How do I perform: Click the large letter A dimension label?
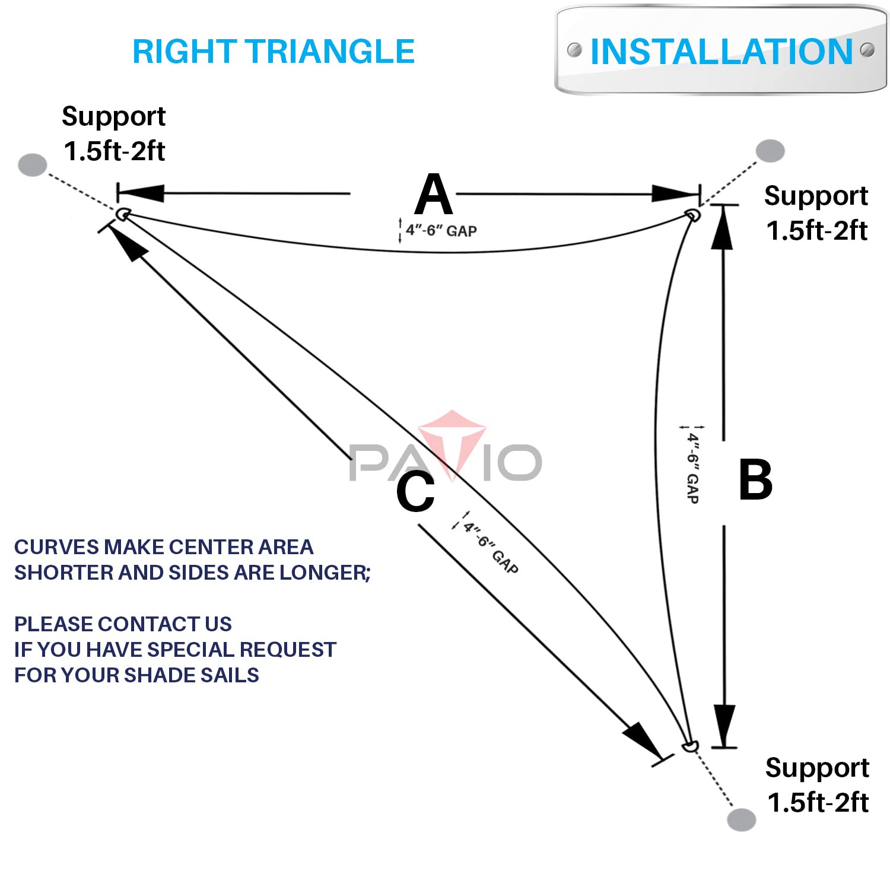pyautogui.click(x=434, y=195)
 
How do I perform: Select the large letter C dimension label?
pyautogui.click(x=415, y=491)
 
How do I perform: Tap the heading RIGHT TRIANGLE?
pyautogui.click(x=273, y=52)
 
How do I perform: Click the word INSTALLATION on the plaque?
pyautogui.click(x=721, y=52)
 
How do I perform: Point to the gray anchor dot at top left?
pyautogui.click(x=33, y=164)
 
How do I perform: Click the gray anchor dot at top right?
pyautogui.click(x=770, y=151)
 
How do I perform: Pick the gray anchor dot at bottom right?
pyautogui.click(x=741, y=819)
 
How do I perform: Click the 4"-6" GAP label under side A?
pyautogui.click(x=441, y=230)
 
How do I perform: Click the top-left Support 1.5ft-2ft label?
pyautogui.click(x=114, y=133)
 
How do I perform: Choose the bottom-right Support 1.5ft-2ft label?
pyautogui.click(x=818, y=784)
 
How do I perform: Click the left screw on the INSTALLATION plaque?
pyautogui.click(x=574, y=50)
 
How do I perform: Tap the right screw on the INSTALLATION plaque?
pyautogui.click(x=867, y=50)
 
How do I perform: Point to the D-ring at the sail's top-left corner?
pyautogui.click(x=123, y=214)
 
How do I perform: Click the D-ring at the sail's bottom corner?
pyautogui.click(x=690, y=746)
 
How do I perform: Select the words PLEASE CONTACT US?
pyautogui.click(x=123, y=624)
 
